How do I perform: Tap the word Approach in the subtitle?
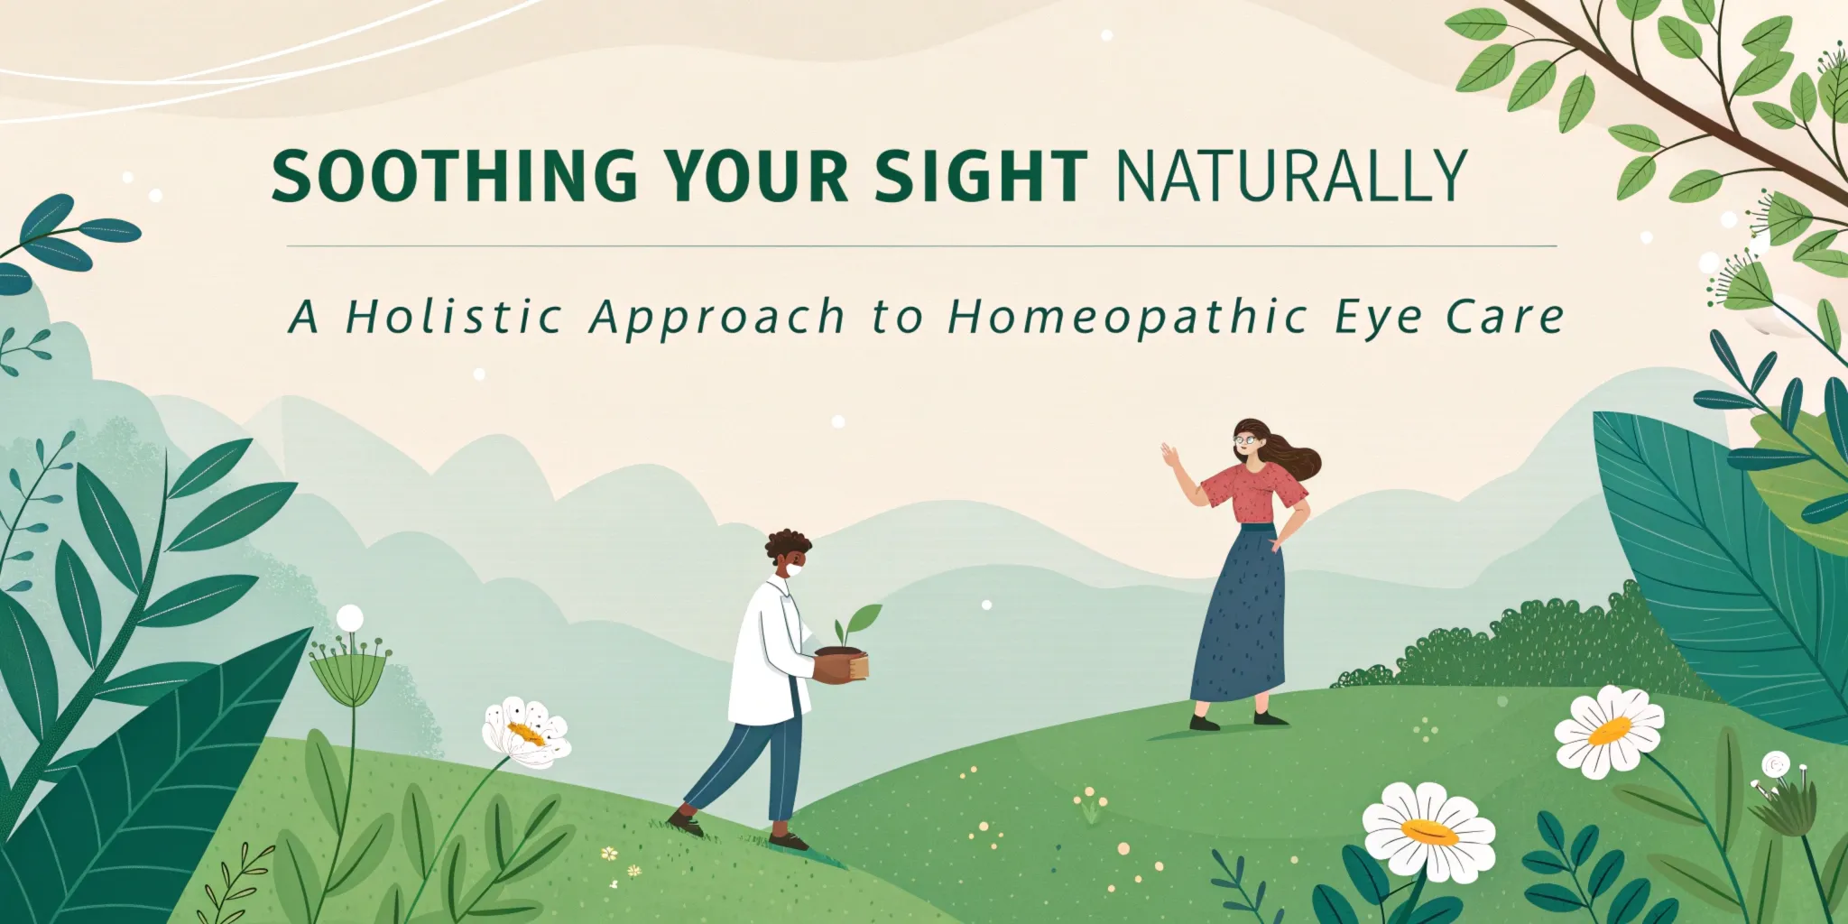click(x=717, y=319)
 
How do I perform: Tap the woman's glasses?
click(x=1246, y=439)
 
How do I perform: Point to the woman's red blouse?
click(x=1256, y=493)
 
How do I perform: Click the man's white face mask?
click(x=793, y=569)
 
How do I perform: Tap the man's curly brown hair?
click(x=788, y=546)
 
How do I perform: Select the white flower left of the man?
click(x=526, y=732)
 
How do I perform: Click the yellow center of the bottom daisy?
click(x=1429, y=831)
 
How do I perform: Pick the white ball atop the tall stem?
click(x=350, y=618)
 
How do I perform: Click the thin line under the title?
click(x=920, y=245)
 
